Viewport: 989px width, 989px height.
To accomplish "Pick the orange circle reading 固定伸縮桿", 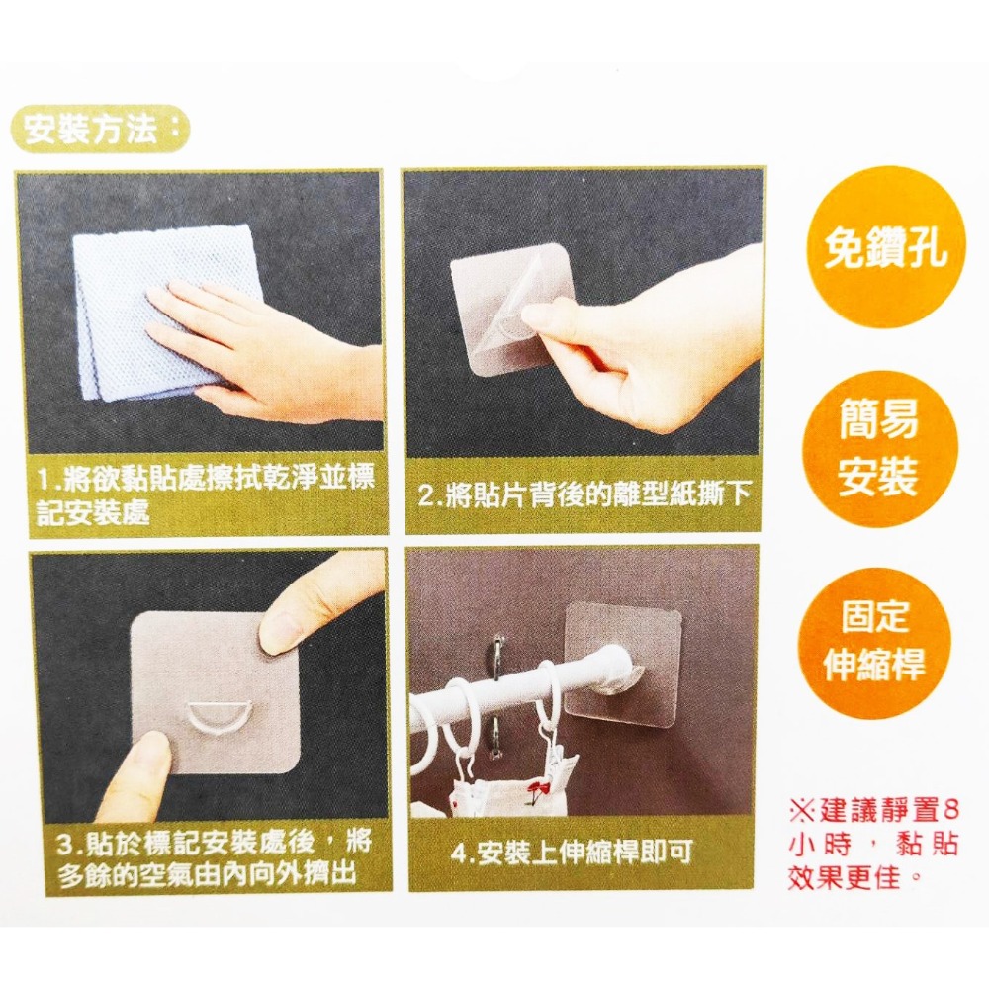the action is tap(875, 643).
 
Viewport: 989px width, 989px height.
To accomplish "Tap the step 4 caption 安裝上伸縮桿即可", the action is tap(572, 853).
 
